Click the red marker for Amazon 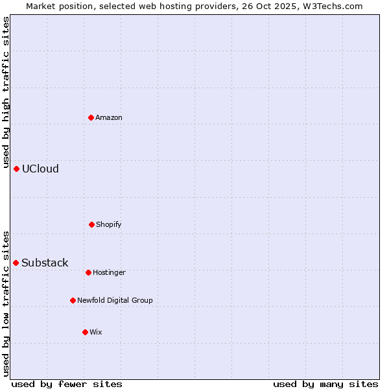click(x=91, y=117)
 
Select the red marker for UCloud click(x=16, y=169)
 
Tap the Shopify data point click(x=91, y=224)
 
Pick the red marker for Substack click(x=16, y=263)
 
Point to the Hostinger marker click(x=88, y=272)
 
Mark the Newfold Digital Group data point click(x=73, y=300)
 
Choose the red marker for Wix click(x=85, y=332)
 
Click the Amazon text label click(x=109, y=118)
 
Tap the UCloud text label click(x=40, y=169)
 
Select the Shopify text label click(x=109, y=225)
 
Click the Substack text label click(x=45, y=263)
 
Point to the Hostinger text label click(x=109, y=273)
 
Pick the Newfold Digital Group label click(x=115, y=301)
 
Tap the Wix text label click(x=96, y=333)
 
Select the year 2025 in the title click(x=289, y=6)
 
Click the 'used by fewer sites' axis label click(x=67, y=384)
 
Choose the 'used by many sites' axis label click(x=325, y=384)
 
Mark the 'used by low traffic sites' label click(x=6, y=303)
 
